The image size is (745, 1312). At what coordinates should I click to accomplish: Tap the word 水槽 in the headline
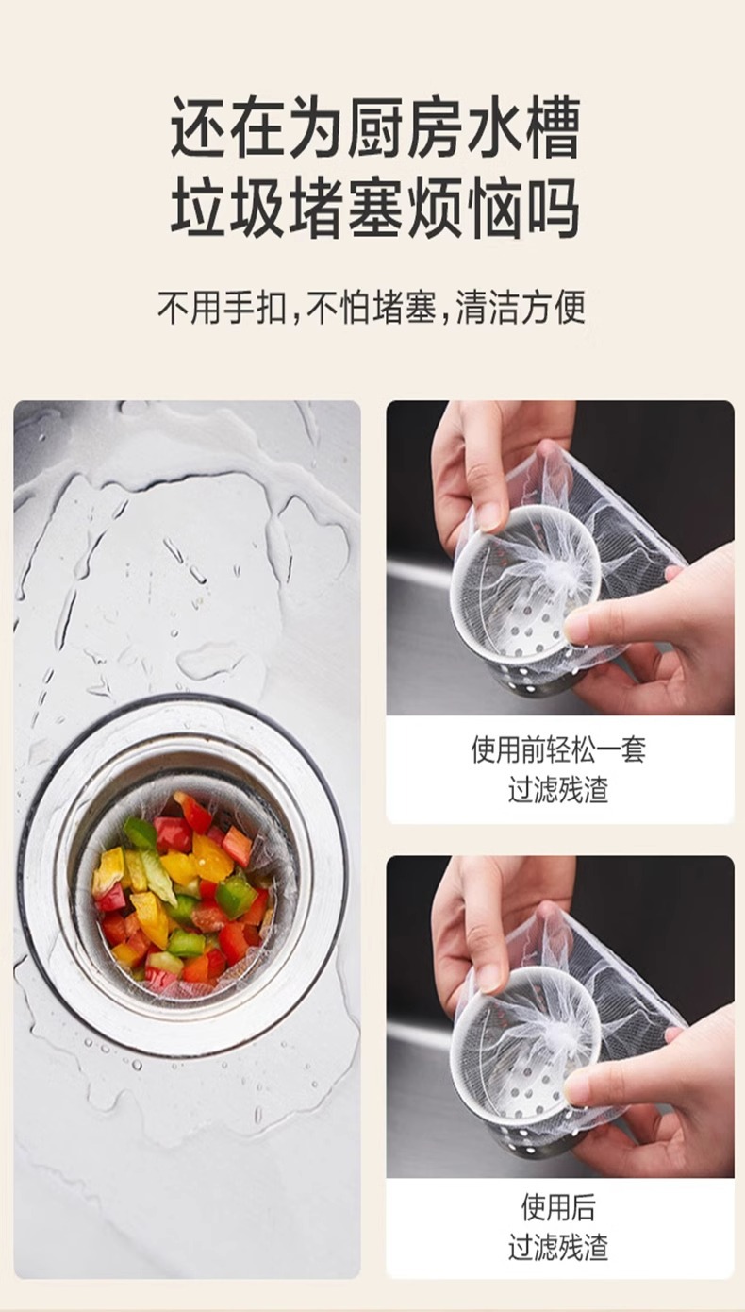coord(522,127)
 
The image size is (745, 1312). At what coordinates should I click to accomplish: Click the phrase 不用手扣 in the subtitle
coord(223,308)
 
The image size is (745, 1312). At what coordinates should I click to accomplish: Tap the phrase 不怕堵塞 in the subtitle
coord(372,308)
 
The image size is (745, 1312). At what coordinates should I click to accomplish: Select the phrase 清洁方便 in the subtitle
coord(521,308)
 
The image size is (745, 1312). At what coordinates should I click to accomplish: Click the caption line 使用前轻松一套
coord(559,750)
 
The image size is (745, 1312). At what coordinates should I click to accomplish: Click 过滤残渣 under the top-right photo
coord(559,789)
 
